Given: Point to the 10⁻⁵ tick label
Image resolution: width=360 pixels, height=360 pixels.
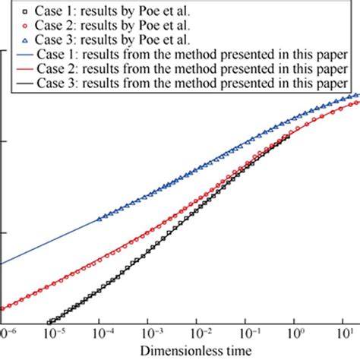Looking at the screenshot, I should click(52, 333).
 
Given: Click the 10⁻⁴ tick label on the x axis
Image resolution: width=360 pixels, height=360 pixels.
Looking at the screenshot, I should click(99, 333).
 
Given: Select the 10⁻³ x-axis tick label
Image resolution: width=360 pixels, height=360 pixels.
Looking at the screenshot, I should click(152, 333).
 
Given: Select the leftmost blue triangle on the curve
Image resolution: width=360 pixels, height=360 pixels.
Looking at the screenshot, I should click(99, 219).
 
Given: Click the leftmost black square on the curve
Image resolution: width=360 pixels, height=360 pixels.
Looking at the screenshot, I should click(51, 322).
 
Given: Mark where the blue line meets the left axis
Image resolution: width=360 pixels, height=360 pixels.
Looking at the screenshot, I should click(3, 264).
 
